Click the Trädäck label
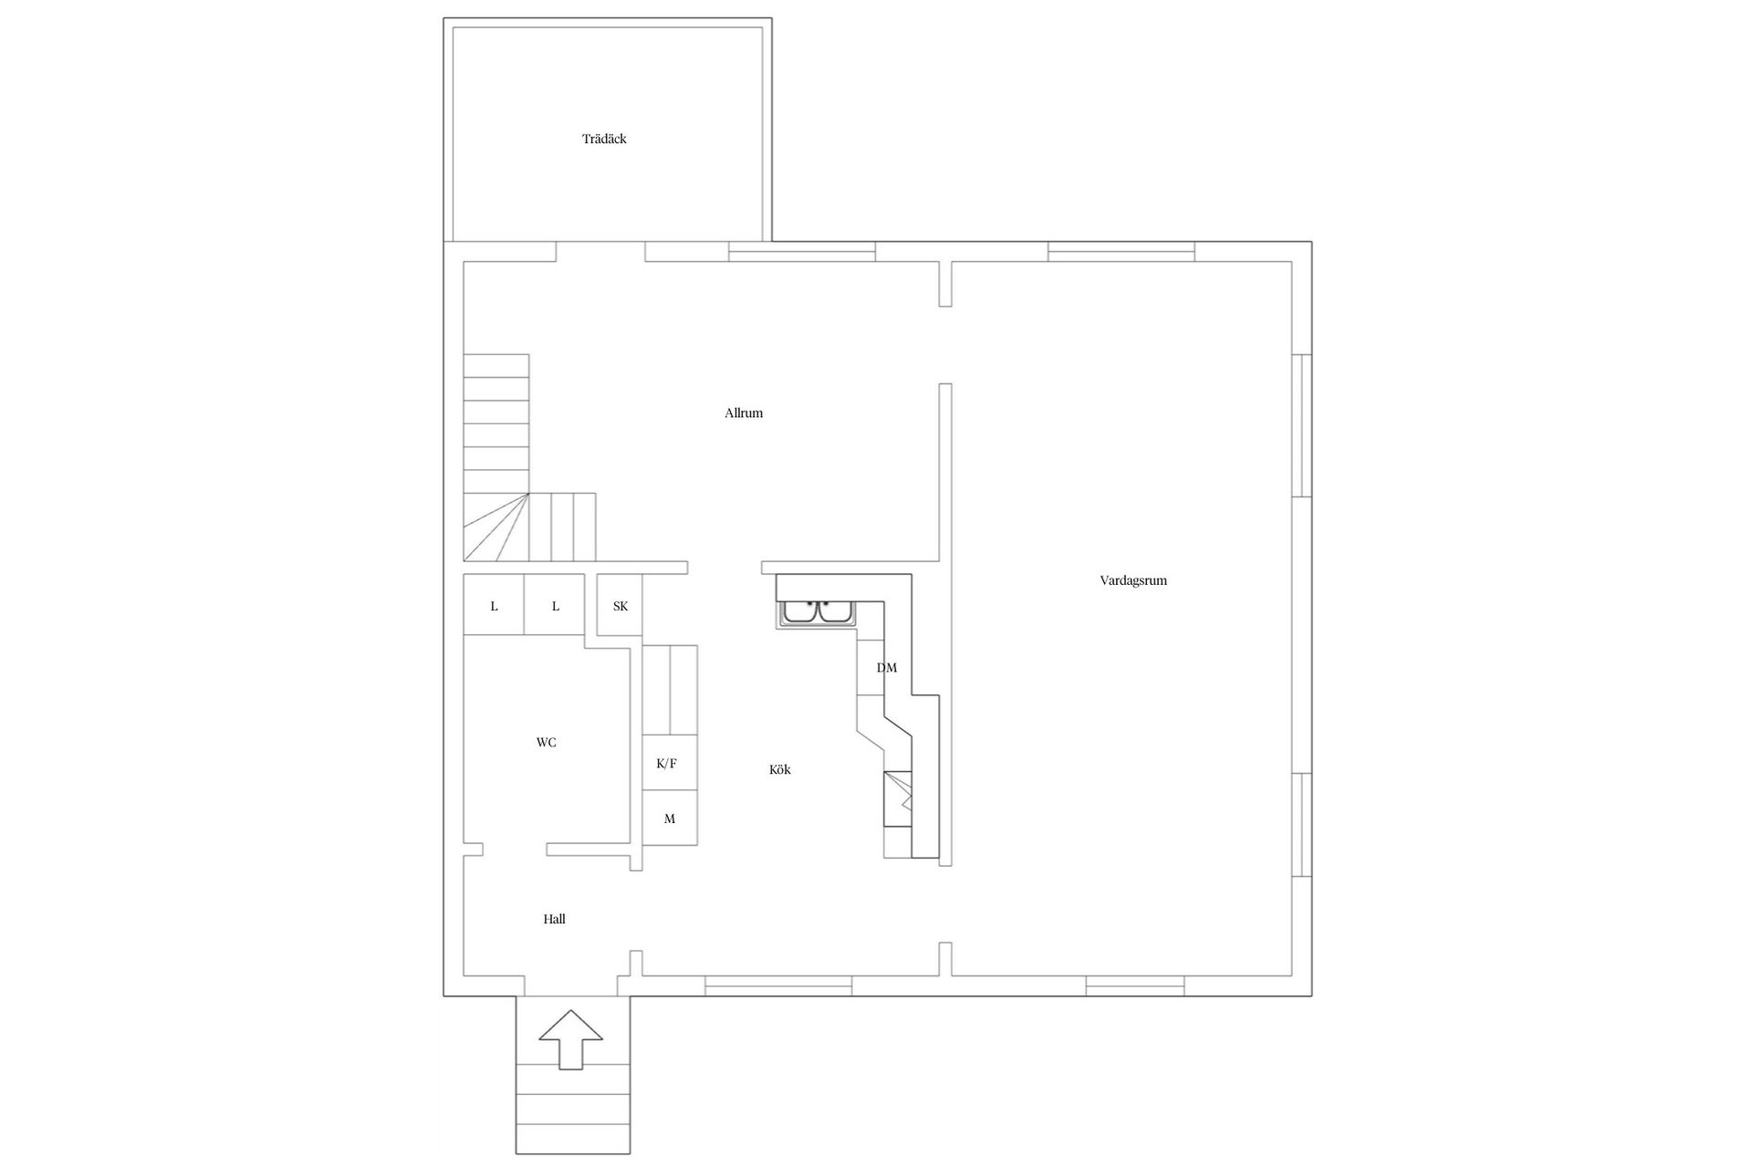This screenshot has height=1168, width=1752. click(604, 140)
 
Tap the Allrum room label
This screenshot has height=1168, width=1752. click(744, 413)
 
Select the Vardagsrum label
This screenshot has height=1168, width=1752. click(1133, 580)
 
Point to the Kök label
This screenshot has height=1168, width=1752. click(779, 770)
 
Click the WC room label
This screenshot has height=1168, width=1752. click(546, 743)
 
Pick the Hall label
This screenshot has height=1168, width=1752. click(554, 920)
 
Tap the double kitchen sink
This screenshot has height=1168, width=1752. click(818, 612)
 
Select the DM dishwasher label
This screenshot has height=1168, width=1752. click(886, 668)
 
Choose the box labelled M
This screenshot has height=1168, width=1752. click(670, 819)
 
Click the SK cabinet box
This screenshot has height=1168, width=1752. click(620, 606)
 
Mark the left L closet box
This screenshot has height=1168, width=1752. click(494, 606)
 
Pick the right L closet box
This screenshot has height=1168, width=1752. click(555, 606)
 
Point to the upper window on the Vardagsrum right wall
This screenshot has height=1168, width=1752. click(1303, 425)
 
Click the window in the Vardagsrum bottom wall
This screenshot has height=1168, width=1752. click(1135, 985)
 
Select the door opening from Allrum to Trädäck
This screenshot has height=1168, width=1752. click(600, 252)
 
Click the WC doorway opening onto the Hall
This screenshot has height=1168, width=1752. click(515, 850)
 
